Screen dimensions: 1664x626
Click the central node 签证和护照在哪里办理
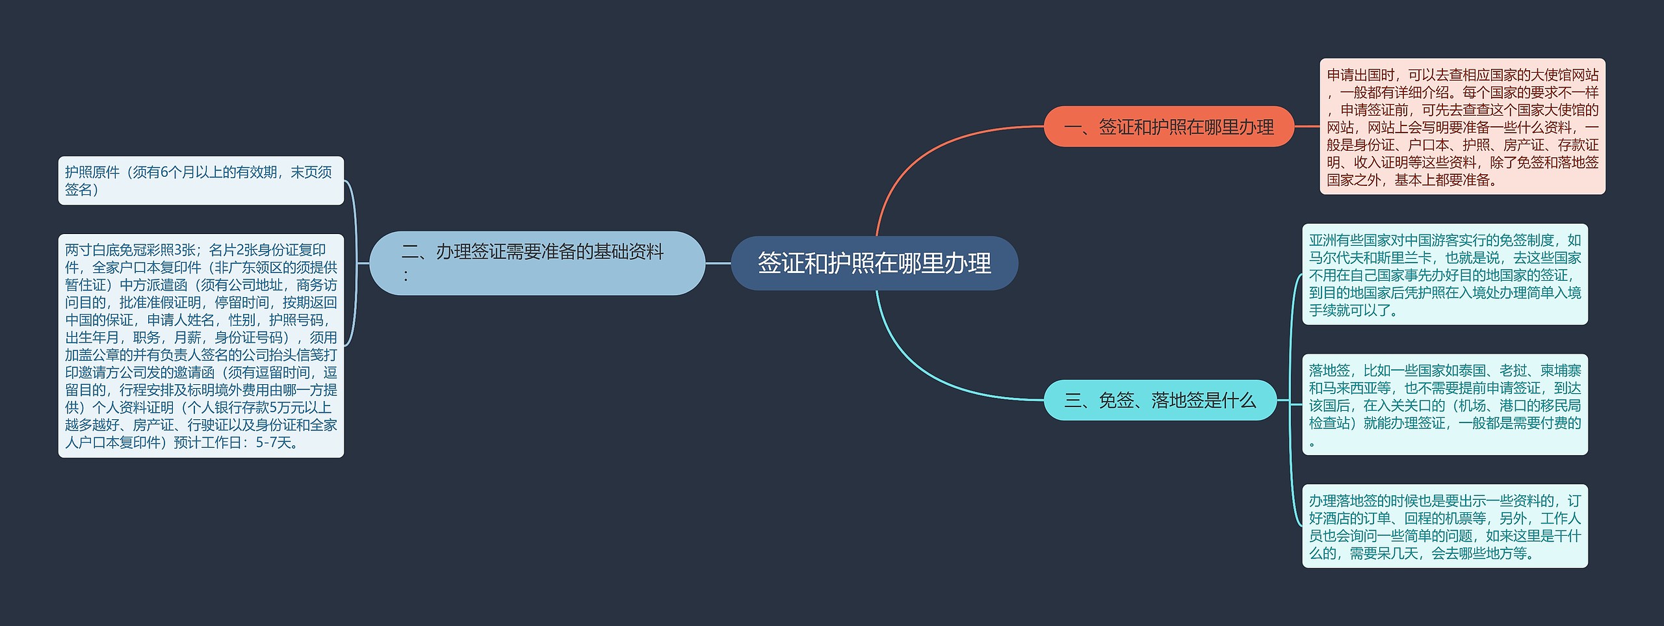point(874,263)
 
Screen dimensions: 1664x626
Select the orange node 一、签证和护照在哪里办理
point(1169,127)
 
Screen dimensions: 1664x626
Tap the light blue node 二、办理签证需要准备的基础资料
point(537,263)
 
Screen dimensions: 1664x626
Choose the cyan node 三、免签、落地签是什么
point(1160,400)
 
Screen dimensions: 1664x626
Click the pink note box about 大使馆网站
point(1462,127)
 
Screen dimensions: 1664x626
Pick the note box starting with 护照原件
point(201,181)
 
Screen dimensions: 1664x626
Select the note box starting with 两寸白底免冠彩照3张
point(201,346)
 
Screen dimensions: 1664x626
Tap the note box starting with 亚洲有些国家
point(1444,274)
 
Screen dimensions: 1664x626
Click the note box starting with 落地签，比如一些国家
point(1444,404)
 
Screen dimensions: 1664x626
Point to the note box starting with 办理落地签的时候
point(1444,526)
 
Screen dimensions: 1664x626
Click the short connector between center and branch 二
point(718,263)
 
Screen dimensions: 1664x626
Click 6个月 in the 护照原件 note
point(178,172)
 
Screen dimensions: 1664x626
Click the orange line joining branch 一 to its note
point(1306,127)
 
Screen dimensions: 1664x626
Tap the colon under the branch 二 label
point(406,276)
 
